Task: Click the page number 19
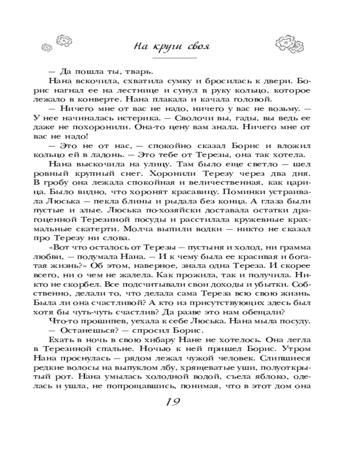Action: tap(173, 400)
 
